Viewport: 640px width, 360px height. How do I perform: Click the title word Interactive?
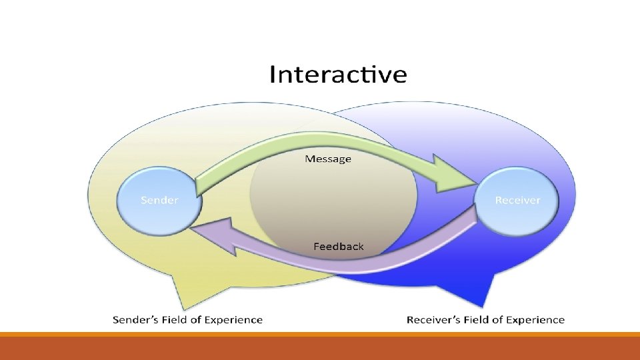pos(338,74)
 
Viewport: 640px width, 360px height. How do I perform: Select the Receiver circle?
pos(517,199)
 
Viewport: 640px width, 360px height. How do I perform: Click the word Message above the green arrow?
pos(327,159)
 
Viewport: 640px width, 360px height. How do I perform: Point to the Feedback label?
pos(339,247)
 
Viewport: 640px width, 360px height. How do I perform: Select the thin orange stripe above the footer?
pos(320,334)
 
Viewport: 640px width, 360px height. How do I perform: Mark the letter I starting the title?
pos(272,74)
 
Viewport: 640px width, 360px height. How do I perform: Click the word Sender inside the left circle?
pos(159,200)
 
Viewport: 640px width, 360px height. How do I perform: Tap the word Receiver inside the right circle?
pos(517,200)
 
